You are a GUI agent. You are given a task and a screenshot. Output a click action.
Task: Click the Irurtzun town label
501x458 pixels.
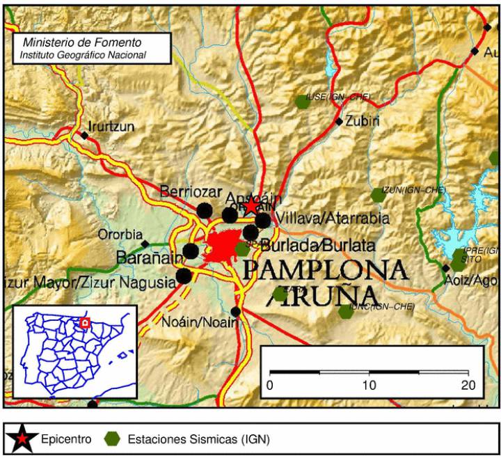click(x=111, y=127)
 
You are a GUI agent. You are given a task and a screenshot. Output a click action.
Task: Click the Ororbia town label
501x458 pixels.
click(x=120, y=235)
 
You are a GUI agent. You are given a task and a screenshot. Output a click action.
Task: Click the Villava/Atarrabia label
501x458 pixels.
click(x=333, y=219)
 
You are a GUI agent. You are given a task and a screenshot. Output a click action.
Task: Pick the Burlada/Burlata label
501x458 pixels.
click(x=319, y=246)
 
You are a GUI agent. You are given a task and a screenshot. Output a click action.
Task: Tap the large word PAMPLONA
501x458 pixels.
click(x=324, y=270)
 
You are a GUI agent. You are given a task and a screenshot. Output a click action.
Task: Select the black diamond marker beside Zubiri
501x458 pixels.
click(x=339, y=122)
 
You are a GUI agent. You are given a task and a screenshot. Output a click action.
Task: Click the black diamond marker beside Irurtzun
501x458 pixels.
click(x=85, y=135)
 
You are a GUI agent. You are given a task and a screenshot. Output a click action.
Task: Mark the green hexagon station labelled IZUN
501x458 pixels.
click(x=378, y=195)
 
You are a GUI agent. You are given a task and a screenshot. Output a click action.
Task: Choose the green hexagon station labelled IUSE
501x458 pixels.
click(x=302, y=102)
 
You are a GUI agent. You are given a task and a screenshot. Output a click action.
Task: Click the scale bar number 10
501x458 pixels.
click(x=369, y=386)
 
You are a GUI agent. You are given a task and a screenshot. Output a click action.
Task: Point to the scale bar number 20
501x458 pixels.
click(x=468, y=386)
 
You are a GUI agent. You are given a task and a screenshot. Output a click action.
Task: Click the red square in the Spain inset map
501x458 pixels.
click(x=85, y=323)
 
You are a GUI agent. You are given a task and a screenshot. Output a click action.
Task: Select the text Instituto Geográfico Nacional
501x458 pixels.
click(x=83, y=54)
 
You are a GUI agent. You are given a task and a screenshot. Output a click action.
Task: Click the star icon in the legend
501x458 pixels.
click(x=24, y=439)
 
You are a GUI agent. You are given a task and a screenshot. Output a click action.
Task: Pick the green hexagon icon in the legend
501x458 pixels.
click(x=111, y=439)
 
